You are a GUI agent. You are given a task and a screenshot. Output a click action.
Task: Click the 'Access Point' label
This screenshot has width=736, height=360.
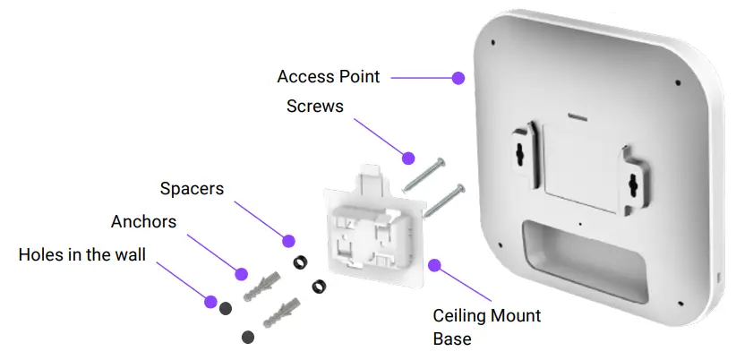tap(328, 77)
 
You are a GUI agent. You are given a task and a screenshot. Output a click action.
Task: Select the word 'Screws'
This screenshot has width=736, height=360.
tap(314, 106)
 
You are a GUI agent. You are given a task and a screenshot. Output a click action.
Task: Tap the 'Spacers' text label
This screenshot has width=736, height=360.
tap(192, 189)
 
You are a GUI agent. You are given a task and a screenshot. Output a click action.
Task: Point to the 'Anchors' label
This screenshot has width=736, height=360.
tap(143, 221)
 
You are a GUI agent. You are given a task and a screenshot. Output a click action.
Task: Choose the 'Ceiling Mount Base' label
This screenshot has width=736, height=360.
tap(486, 327)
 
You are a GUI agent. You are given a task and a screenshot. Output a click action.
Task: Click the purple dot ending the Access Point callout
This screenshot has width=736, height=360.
tap(458, 78)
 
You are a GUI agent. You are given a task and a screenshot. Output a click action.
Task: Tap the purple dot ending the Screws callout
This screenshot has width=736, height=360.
tap(408, 158)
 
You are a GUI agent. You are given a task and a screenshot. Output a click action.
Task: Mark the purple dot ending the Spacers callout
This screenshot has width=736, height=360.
tap(288, 240)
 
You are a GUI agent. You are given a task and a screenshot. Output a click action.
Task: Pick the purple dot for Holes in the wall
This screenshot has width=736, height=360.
tap(210, 300)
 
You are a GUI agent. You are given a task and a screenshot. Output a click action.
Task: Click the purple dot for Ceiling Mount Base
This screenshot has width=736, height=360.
tap(434, 266)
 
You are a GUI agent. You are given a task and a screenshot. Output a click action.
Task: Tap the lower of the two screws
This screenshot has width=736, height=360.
tap(441, 199)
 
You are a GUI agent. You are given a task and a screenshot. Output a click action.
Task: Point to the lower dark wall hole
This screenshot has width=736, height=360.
tap(248, 337)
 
